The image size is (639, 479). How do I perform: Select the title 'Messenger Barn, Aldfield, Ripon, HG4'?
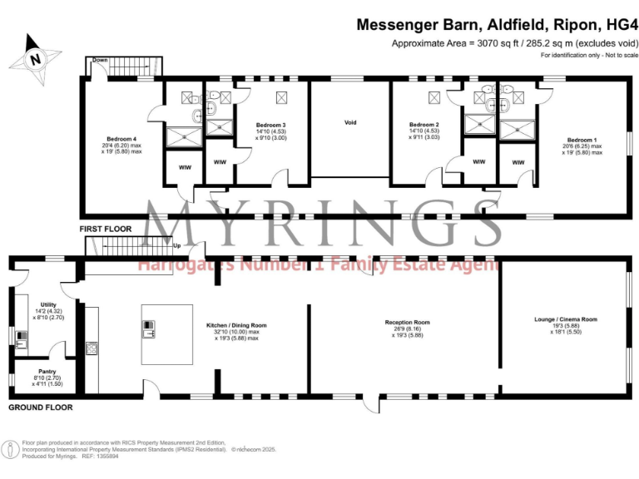(498, 25)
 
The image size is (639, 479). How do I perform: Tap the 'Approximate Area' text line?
(515, 43)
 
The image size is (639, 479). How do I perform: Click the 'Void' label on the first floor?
(350, 122)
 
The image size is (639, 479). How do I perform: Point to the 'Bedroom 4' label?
(121, 138)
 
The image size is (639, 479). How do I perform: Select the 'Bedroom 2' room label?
(424, 125)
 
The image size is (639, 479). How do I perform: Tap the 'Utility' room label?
(47, 304)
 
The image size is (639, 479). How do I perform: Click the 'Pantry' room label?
(47, 372)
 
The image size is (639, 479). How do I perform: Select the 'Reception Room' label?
(407, 322)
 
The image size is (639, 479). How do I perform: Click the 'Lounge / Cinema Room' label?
(565, 319)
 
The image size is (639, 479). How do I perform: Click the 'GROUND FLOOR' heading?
(40, 407)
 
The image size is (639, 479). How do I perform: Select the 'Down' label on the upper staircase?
(100, 61)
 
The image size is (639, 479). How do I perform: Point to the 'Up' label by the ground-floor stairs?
(176, 246)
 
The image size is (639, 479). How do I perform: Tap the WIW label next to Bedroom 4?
(184, 166)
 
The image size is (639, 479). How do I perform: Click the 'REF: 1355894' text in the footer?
(105, 457)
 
